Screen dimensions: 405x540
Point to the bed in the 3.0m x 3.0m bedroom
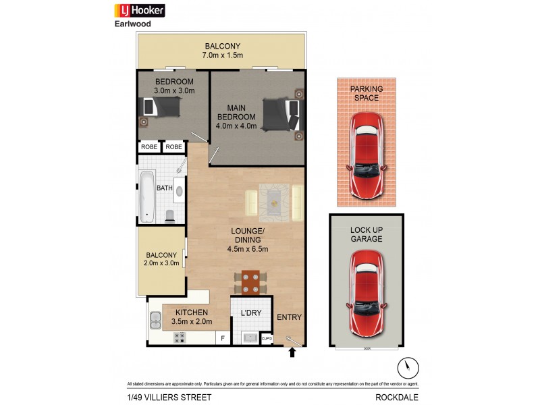(161, 107)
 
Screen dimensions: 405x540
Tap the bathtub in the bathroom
(146, 197)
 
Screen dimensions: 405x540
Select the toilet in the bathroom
(169, 215)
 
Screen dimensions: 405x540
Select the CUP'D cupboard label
(266, 339)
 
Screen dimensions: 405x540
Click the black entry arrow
(292, 352)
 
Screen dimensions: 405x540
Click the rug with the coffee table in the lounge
(273, 200)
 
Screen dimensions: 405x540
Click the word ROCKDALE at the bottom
(398, 397)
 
